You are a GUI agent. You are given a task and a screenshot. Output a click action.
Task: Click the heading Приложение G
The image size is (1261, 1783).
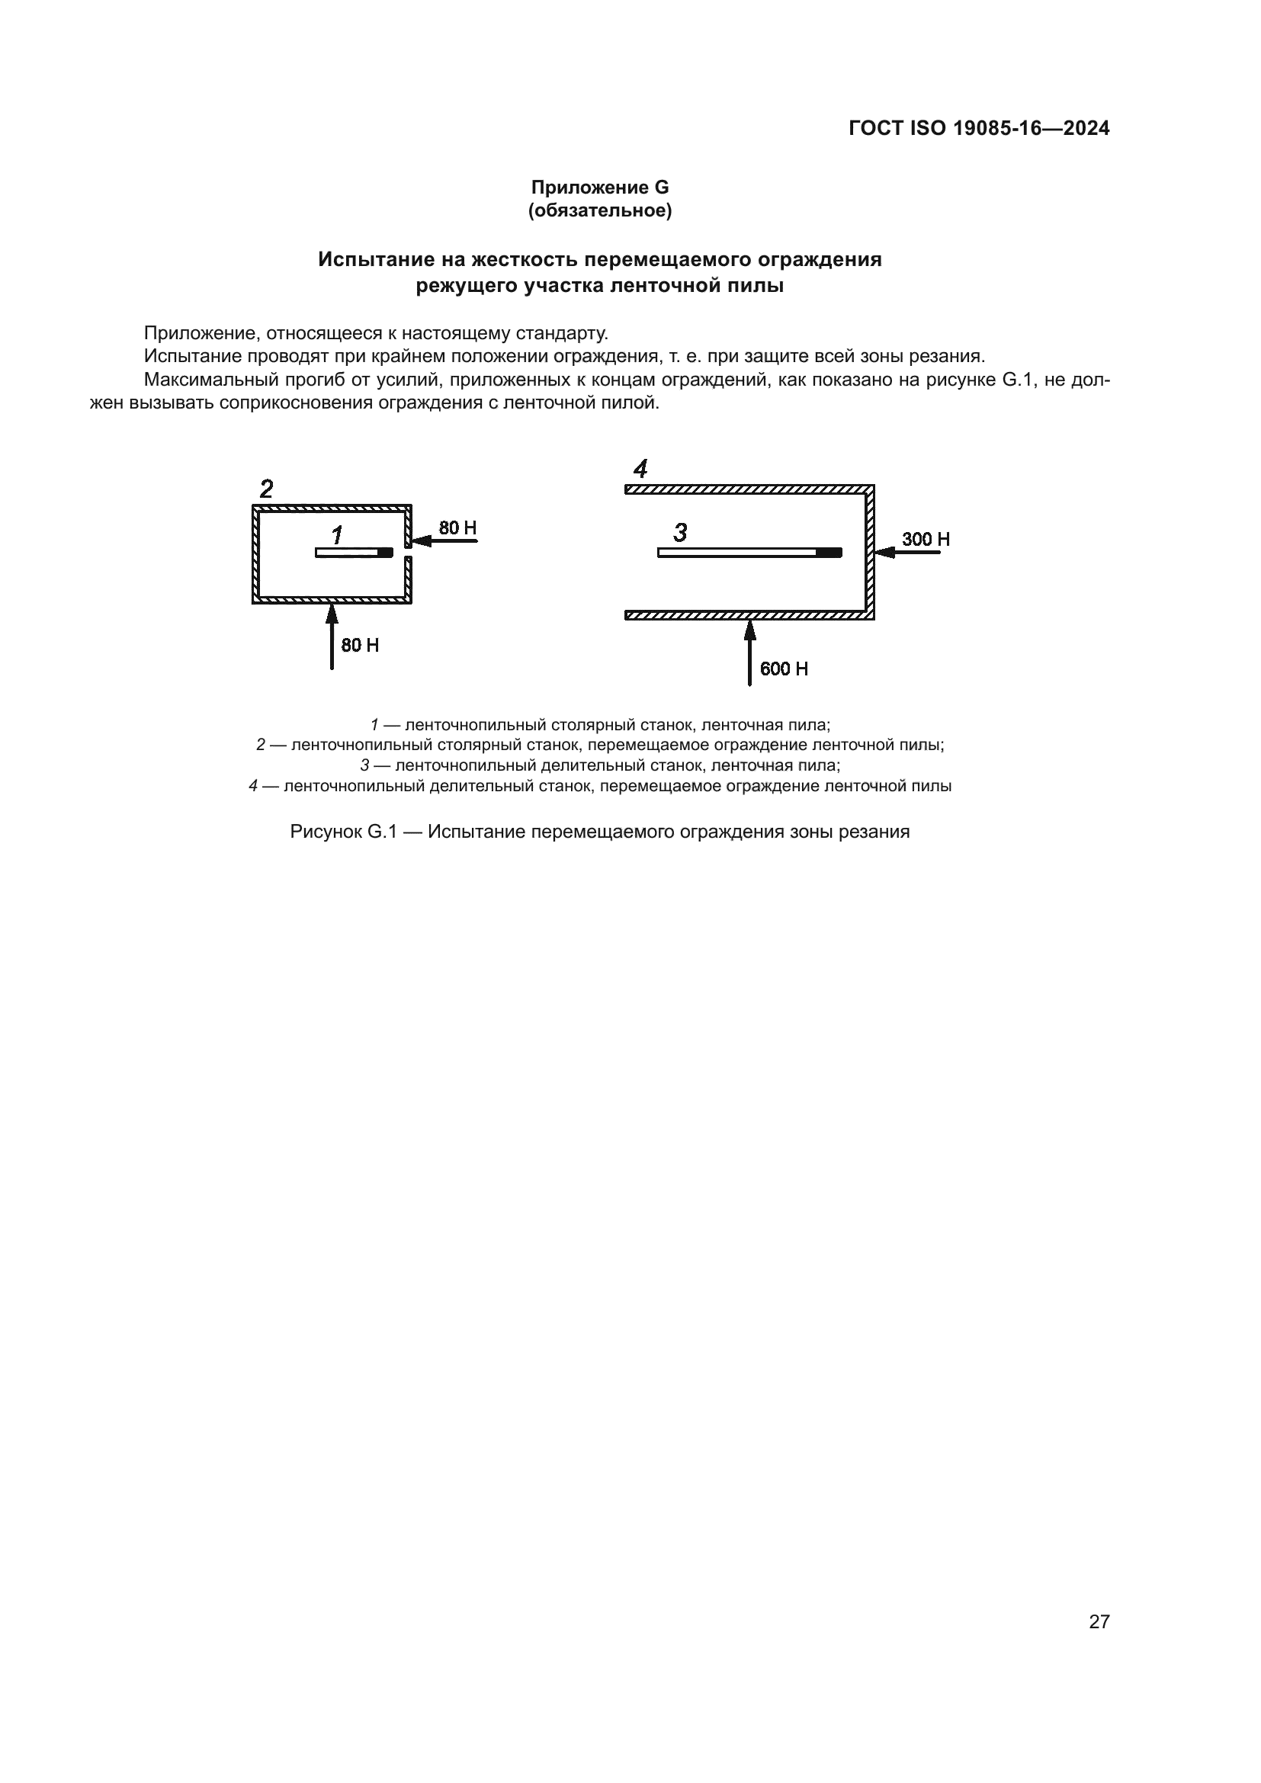click(x=599, y=188)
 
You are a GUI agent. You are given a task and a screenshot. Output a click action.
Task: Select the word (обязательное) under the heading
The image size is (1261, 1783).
click(x=599, y=210)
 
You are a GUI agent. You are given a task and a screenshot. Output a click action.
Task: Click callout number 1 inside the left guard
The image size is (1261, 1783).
click(x=337, y=534)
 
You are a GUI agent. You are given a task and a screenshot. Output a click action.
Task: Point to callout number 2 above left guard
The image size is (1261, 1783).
click(x=266, y=489)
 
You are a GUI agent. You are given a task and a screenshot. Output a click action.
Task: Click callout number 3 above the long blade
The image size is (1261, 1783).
click(x=680, y=533)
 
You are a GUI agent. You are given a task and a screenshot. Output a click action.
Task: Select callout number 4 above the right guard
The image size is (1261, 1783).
click(x=640, y=469)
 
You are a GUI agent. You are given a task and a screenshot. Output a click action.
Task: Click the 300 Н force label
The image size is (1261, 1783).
click(x=926, y=539)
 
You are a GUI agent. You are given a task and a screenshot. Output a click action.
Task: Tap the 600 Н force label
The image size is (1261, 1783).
click(x=784, y=669)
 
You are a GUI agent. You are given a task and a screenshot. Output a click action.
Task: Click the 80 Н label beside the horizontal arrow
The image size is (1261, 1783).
click(x=457, y=528)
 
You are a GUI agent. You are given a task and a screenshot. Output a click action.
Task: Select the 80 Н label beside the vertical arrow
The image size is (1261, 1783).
click(x=361, y=646)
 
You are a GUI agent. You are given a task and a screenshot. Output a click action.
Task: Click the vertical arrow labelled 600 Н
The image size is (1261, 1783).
click(x=749, y=653)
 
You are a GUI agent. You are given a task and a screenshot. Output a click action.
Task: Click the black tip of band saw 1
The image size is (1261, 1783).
click(x=385, y=552)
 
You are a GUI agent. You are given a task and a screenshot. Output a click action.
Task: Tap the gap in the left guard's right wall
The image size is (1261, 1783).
click(x=409, y=550)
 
